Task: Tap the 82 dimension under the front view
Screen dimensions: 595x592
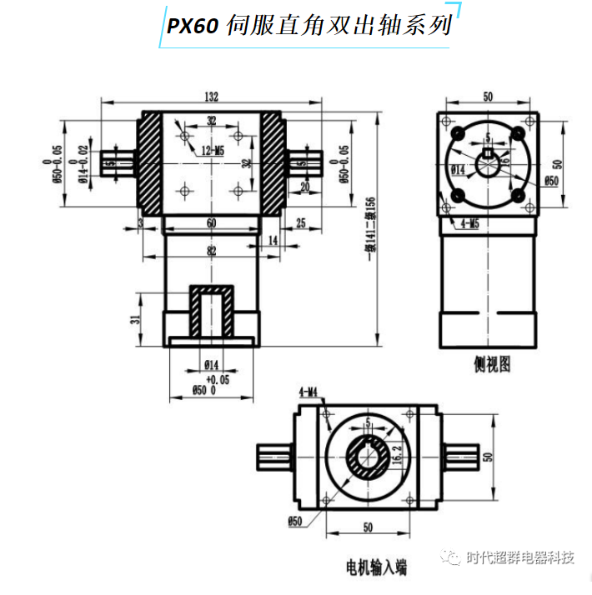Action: click(211, 251)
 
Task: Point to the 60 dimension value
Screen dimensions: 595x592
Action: click(211, 223)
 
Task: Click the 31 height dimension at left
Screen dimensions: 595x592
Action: click(133, 320)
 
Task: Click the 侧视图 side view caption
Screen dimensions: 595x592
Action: click(490, 363)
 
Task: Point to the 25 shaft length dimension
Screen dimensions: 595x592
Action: click(301, 223)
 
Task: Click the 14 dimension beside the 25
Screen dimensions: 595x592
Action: click(273, 240)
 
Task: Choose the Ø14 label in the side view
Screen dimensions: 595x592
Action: click(457, 169)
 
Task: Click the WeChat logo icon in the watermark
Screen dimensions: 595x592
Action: click(451, 557)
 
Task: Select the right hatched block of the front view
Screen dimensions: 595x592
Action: click(273, 163)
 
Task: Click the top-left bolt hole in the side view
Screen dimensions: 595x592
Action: click(457, 132)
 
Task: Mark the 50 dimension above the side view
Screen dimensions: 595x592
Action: click(488, 97)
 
